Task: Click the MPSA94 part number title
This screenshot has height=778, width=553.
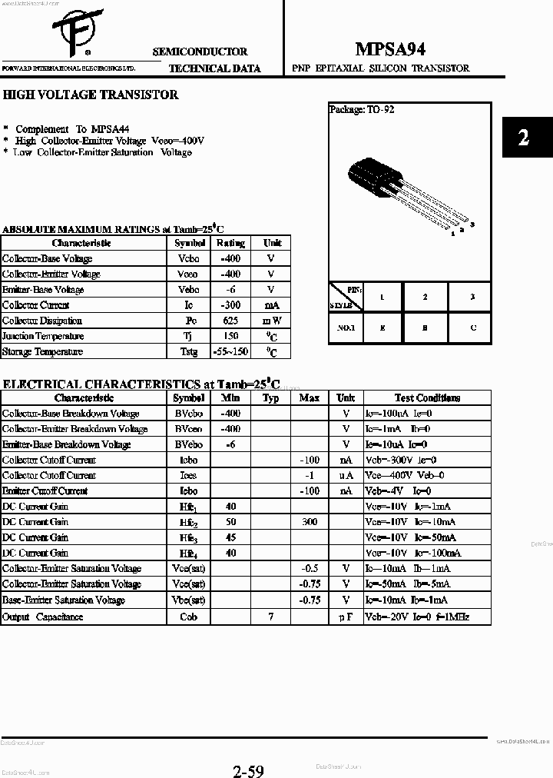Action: click(391, 49)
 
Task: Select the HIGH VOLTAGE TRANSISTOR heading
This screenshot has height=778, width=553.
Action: click(91, 95)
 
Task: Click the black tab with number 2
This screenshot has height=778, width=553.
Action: click(525, 138)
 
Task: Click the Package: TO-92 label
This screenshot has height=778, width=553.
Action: click(362, 110)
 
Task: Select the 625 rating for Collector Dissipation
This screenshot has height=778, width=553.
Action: click(230, 321)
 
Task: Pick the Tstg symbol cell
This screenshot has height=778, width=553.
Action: click(188, 351)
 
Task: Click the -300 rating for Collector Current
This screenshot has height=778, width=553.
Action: click(230, 305)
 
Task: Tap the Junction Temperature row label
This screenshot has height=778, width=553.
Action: click(43, 336)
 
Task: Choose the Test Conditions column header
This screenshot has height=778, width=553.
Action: click(427, 397)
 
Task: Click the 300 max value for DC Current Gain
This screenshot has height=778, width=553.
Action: click(309, 521)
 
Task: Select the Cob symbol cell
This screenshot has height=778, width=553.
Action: click(188, 617)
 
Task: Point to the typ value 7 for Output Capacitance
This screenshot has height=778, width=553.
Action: click(270, 617)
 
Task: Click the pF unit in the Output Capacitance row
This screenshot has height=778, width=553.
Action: click(346, 617)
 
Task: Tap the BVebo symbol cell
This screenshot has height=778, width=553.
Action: click(188, 444)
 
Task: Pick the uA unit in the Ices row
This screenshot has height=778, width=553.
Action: click(346, 475)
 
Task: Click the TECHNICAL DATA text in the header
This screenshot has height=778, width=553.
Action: click(214, 68)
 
